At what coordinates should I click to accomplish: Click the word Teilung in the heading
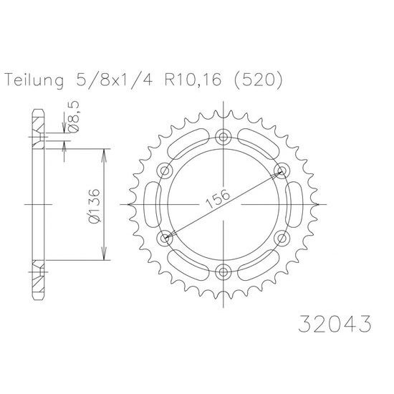[x=34, y=80]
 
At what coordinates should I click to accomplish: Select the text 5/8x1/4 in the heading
[x=115, y=80]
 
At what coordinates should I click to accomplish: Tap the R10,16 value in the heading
[x=193, y=80]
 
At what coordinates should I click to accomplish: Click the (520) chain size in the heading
[x=258, y=80]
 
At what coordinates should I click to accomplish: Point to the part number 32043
[x=335, y=324]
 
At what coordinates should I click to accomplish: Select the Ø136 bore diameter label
[x=95, y=206]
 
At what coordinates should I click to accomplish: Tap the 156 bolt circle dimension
[x=218, y=198]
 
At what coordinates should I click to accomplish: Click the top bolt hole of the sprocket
[x=223, y=137]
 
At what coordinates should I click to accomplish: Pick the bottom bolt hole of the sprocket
[x=223, y=272]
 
